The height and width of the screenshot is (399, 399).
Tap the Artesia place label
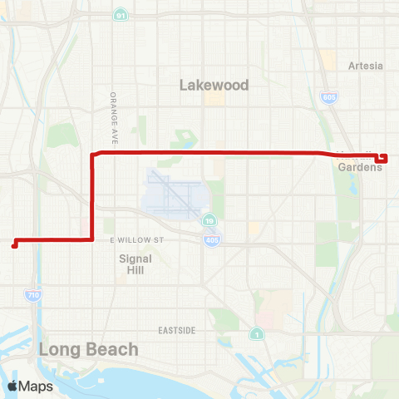click(366, 66)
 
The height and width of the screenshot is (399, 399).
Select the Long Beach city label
click(88, 349)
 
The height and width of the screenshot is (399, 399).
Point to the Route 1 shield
click(256, 334)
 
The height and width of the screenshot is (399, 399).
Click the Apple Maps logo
click(30, 386)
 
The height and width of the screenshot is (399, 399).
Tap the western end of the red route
click(13, 244)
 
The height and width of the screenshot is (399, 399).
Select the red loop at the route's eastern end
click(383, 158)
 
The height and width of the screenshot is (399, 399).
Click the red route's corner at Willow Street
click(91, 239)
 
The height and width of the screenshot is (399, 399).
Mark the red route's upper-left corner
click(92, 154)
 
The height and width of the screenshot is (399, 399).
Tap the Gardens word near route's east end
click(360, 166)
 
